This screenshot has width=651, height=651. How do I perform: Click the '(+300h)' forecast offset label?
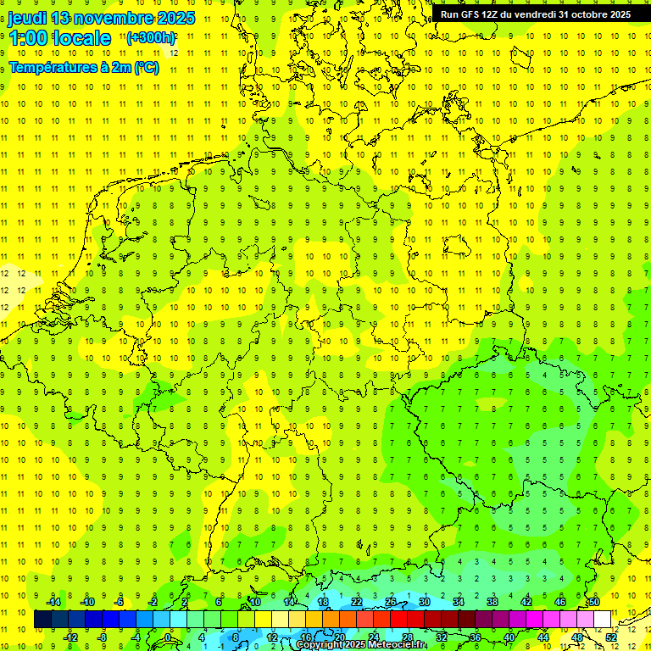click(151, 37)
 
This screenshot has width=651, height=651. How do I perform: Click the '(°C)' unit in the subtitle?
click(145, 67)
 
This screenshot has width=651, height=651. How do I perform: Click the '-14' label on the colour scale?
click(53, 602)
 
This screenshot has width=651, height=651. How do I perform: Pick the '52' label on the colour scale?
click(610, 637)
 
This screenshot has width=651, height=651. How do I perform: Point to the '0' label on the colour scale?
click(169, 637)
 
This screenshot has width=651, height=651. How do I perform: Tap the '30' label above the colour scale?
click(424, 602)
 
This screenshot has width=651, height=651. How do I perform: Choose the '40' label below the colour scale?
click(509, 637)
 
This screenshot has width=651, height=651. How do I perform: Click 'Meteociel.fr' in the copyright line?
click(398, 645)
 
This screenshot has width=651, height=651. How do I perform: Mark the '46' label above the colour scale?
click(559, 602)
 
